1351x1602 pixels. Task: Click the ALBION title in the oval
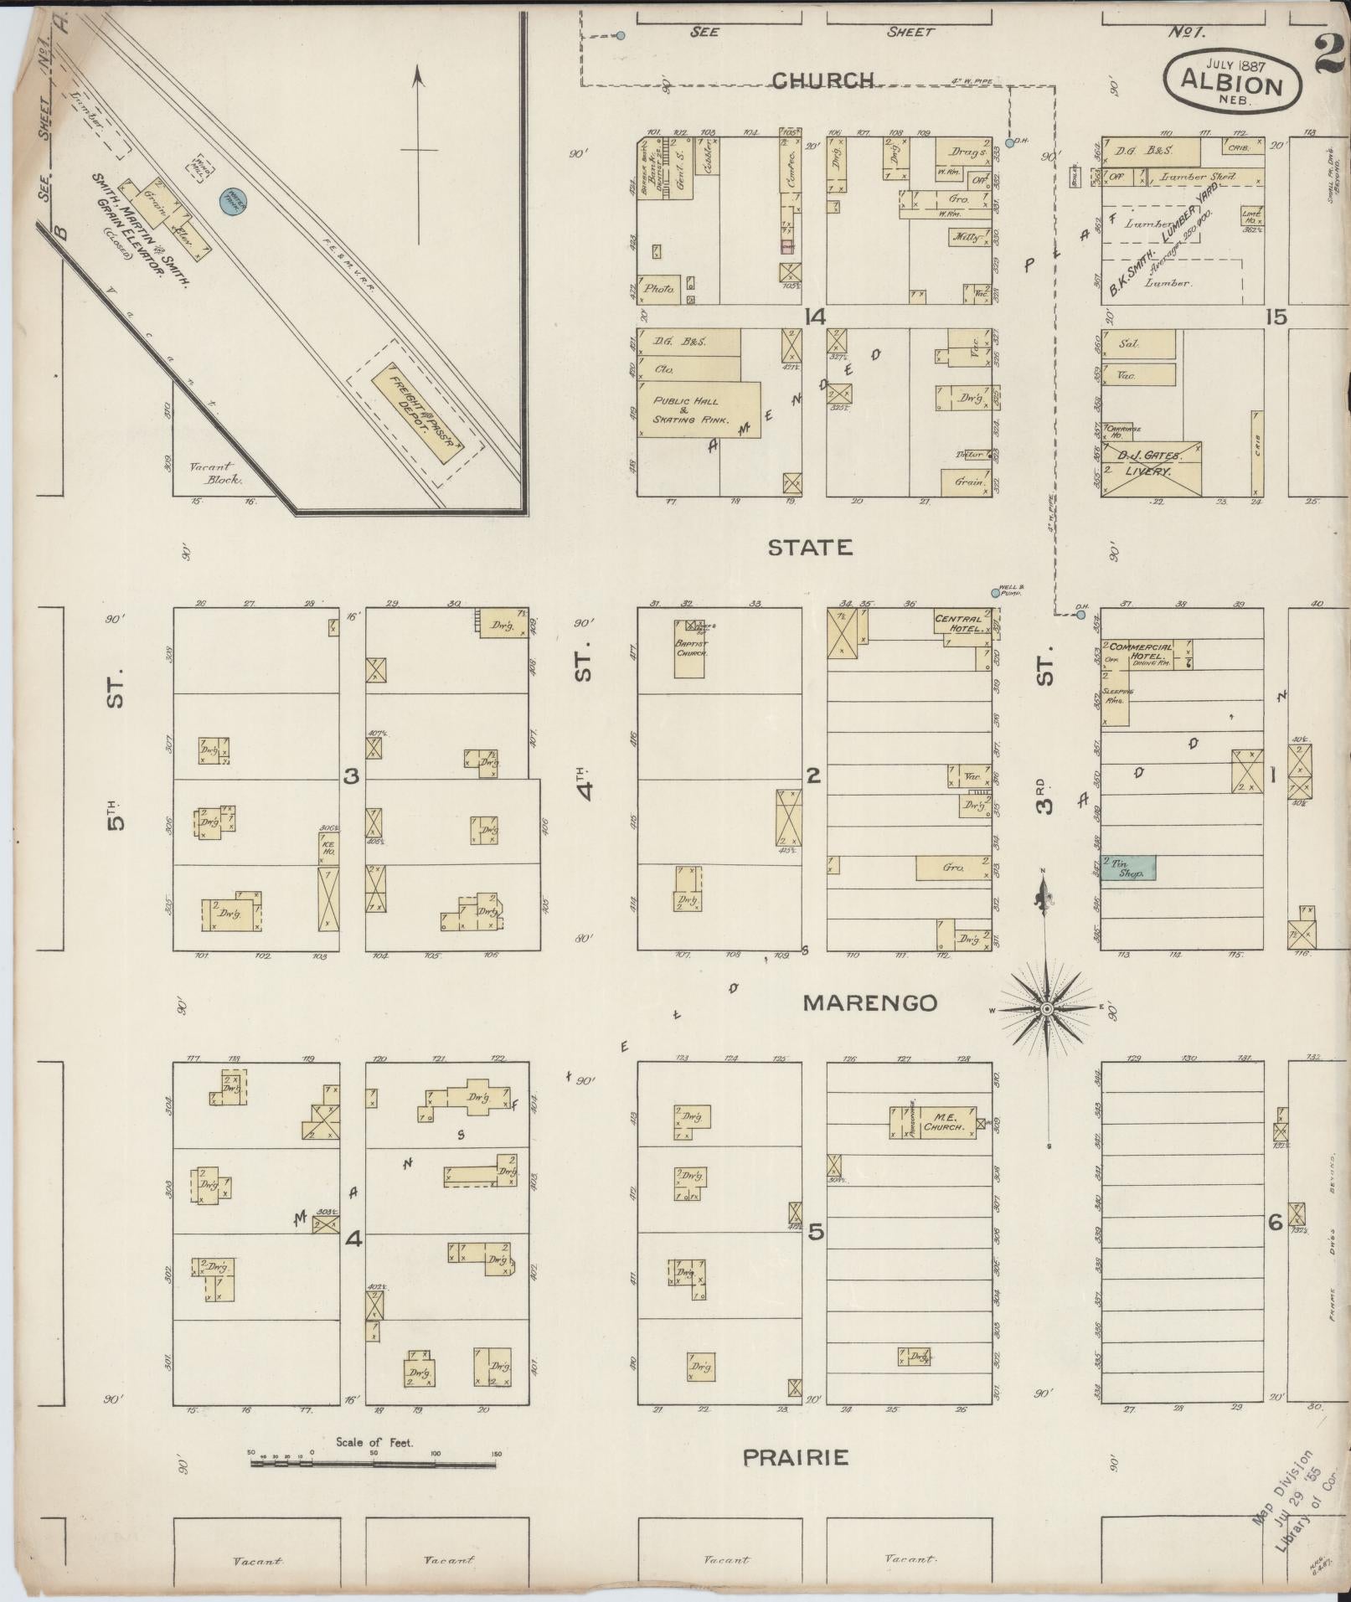[1232, 85]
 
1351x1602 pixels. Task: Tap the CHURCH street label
[822, 80]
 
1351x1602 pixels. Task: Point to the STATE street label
[810, 548]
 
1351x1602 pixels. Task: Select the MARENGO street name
[869, 1002]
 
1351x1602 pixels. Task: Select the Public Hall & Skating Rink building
[699, 410]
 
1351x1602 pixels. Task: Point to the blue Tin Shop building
[1128, 868]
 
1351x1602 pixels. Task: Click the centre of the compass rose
[1045, 1010]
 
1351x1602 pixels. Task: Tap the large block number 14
[814, 317]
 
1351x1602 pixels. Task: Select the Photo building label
[660, 289]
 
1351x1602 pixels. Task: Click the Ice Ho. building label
[327, 848]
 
